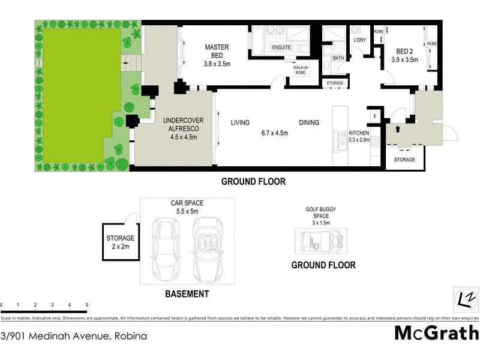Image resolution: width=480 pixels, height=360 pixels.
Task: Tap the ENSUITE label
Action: pyautogui.click(x=281, y=47)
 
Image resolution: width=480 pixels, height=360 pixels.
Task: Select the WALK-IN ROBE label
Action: pyautogui.click(x=301, y=70)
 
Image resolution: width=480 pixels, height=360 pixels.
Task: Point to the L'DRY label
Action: pyautogui.click(x=359, y=40)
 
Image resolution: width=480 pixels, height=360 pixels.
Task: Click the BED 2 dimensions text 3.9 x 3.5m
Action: pyautogui.click(x=404, y=59)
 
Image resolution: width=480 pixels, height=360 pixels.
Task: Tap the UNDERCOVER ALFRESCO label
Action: pyautogui.click(x=184, y=124)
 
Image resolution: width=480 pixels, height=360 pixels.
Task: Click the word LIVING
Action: pyautogui.click(x=240, y=123)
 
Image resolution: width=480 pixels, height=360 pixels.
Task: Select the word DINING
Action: pyautogui.click(x=309, y=123)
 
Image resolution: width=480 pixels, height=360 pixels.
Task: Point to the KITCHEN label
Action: pyautogui.click(x=359, y=133)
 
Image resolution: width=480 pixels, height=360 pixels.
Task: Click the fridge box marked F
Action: pyautogui.click(x=375, y=116)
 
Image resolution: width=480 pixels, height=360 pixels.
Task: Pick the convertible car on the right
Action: pyautogui.click(x=207, y=249)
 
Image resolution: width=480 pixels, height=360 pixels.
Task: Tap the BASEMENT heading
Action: pyautogui.click(x=187, y=294)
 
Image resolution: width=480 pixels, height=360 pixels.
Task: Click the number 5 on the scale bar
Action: pyautogui.click(x=87, y=305)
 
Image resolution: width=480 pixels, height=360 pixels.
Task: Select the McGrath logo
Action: pyautogui.click(x=436, y=332)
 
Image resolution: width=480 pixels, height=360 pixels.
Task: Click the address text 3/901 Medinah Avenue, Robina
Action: pyautogui.click(x=73, y=336)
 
